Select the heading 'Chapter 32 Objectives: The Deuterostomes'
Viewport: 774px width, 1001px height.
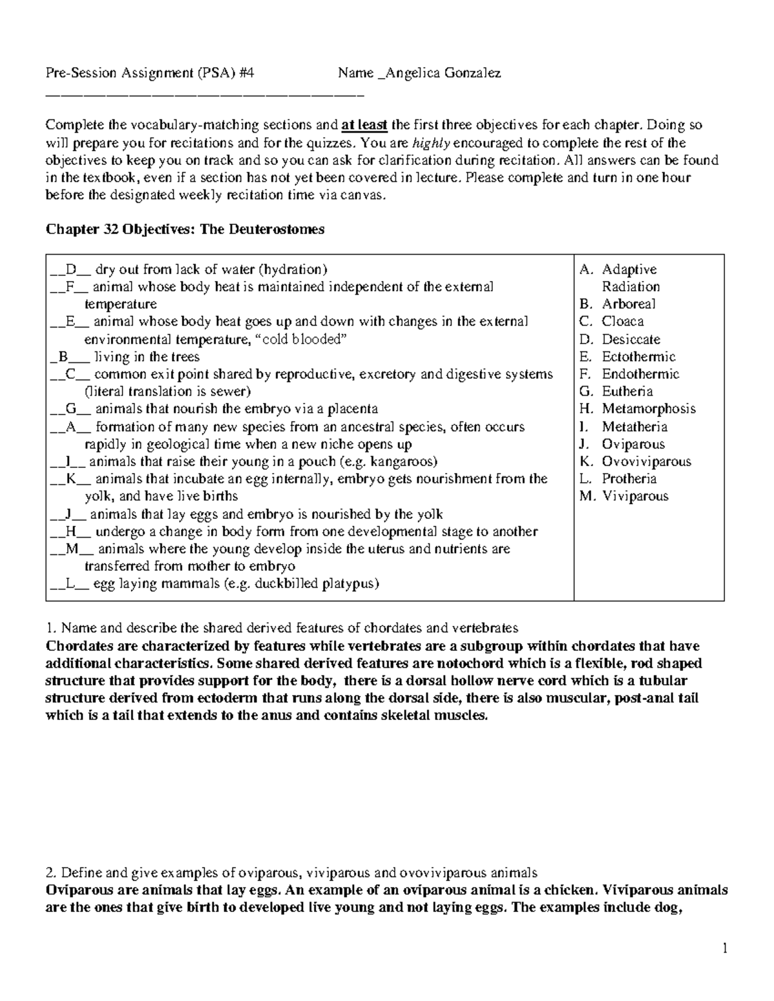pos(184,229)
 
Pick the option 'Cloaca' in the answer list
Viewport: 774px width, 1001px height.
pos(622,322)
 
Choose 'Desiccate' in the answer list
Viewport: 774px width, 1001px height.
pos(631,339)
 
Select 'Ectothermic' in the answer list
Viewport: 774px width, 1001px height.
pos(639,356)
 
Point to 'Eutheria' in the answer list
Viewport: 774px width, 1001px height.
pos(627,391)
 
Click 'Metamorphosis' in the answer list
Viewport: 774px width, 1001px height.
pos(648,409)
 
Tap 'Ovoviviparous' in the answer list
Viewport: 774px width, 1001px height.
pos(646,462)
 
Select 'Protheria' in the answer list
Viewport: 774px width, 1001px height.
pos(629,479)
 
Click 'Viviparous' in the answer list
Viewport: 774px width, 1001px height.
pos(635,496)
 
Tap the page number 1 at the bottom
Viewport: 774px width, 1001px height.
pos(725,948)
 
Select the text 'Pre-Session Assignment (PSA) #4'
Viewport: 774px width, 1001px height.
pos(150,73)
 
